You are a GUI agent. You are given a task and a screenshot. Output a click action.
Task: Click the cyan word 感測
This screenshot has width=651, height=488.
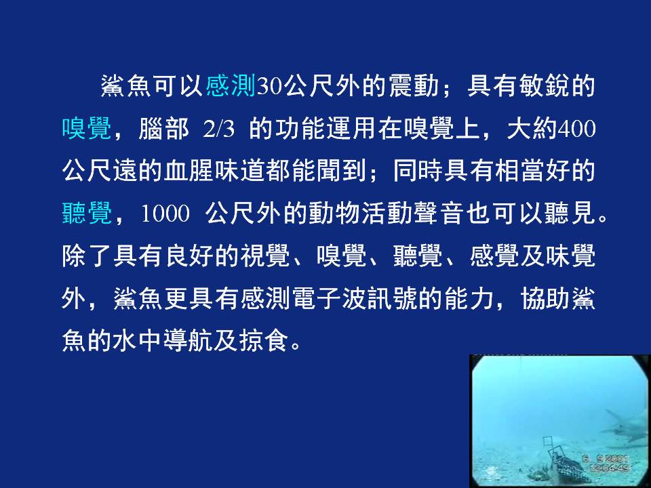[231, 86]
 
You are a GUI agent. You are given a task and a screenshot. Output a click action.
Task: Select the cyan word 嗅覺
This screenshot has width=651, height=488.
[87, 128]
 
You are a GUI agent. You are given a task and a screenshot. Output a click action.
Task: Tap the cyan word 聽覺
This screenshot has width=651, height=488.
[87, 213]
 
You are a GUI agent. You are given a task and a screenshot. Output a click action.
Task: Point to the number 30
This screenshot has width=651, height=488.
[270, 87]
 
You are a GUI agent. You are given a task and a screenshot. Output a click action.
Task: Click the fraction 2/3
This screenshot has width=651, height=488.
[219, 129]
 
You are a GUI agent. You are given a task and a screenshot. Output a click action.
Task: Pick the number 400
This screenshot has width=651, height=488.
[577, 129]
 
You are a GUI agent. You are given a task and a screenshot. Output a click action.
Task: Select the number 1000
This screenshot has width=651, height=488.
[165, 214]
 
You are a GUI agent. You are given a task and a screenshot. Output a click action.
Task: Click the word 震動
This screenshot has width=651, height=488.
[414, 86]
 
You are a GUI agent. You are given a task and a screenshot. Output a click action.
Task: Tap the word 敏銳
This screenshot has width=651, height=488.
[544, 86]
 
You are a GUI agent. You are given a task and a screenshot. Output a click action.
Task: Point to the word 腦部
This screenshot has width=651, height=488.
[163, 128]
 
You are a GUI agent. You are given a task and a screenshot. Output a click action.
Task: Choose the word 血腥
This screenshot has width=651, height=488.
[189, 171]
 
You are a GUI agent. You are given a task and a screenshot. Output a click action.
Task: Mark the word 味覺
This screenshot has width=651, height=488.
[571, 256]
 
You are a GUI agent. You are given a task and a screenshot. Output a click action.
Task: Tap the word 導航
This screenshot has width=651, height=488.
[189, 341]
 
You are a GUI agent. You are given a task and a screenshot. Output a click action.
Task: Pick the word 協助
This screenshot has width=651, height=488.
[546, 299]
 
